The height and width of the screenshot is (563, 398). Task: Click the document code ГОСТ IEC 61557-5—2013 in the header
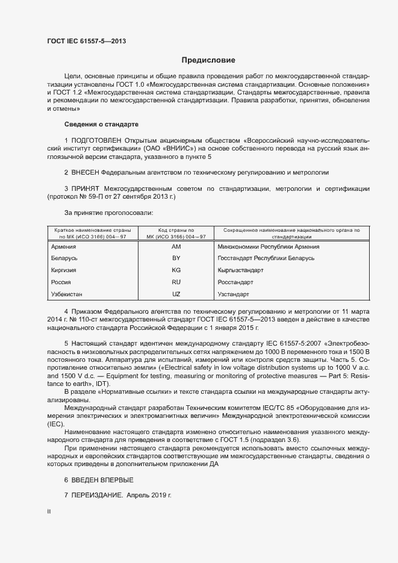click(x=86, y=42)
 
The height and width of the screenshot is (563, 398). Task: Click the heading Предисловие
click(x=208, y=60)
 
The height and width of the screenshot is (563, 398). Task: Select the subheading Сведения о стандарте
click(x=101, y=124)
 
